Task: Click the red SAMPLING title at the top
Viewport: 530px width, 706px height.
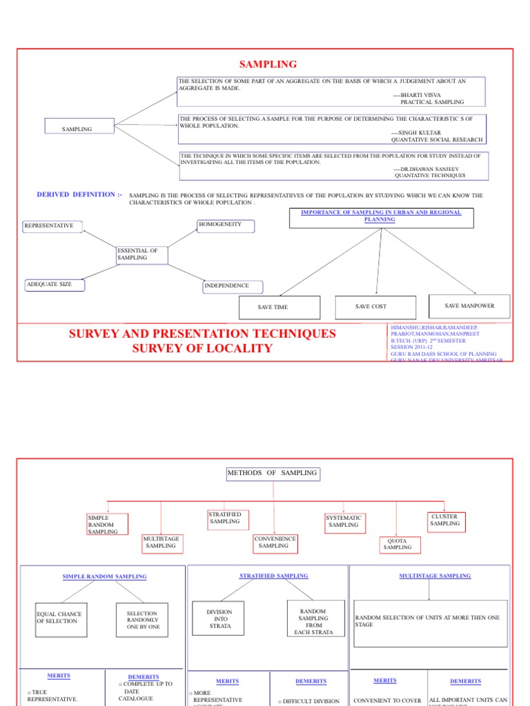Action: (268, 64)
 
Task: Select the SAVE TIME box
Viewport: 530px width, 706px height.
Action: (279, 307)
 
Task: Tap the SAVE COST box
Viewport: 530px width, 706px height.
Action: (375, 306)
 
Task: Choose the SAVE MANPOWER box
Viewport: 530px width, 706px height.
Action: (469, 305)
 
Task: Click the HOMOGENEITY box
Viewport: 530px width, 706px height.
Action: (226, 225)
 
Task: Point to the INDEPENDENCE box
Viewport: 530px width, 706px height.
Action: (226, 285)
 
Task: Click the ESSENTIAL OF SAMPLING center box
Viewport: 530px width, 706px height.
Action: (142, 254)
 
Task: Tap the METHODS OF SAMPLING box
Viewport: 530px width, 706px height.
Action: (273, 474)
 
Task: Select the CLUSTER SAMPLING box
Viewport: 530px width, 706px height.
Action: (444, 520)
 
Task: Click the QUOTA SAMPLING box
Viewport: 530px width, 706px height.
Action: (397, 544)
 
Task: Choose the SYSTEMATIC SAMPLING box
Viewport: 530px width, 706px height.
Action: (344, 521)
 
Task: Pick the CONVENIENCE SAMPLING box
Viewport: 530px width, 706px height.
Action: (274, 543)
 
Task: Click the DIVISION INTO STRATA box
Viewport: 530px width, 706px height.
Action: (219, 618)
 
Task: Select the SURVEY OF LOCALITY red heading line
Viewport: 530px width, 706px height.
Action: (202, 349)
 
